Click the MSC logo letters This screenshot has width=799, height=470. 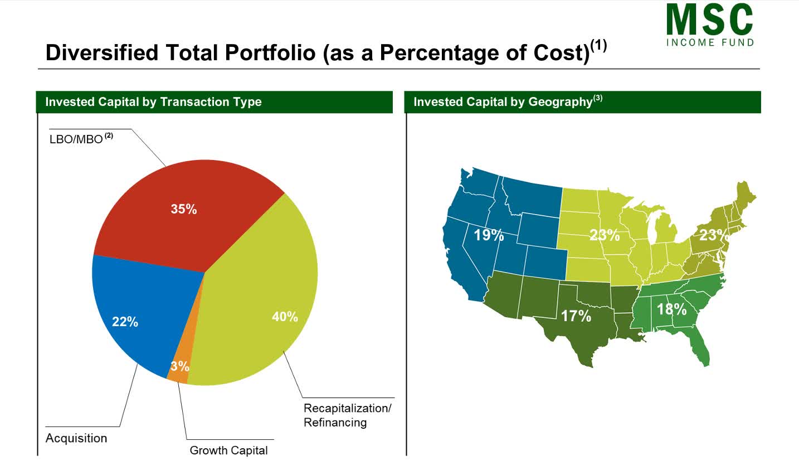pyautogui.click(x=709, y=21)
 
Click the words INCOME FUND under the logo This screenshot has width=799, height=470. pyautogui.click(x=710, y=42)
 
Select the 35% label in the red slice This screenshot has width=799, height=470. pyautogui.click(x=184, y=209)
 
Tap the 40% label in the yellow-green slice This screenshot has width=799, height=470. pyautogui.click(x=285, y=317)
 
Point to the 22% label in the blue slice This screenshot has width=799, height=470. pyautogui.click(x=125, y=322)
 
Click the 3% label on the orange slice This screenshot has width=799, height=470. pyautogui.click(x=179, y=366)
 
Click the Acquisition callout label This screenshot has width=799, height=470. pyautogui.click(x=76, y=438)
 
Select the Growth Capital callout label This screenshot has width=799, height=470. pyautogui.click(x=228, y=450)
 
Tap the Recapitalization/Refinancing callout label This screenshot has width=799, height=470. pyautogui.click(x=347, y=415)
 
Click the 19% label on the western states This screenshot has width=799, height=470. pyautogui.click(x=489, y=235)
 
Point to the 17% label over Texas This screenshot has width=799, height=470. pyautogui.click(x=576, y=316)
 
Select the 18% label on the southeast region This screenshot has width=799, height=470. pyautogui.click(x=671, y=309)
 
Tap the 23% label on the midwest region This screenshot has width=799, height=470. pyautogui.click(x=605, y=235)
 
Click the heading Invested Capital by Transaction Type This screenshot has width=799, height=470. pyautogui.click(x=153, y=102)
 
